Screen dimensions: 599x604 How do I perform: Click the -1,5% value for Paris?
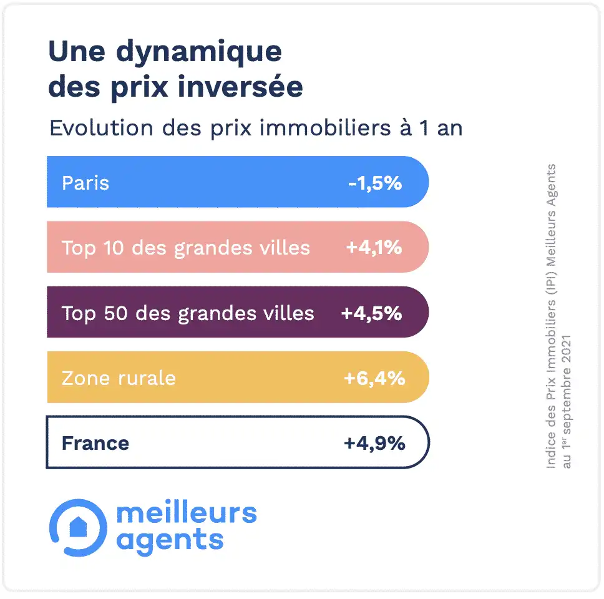[374, 183]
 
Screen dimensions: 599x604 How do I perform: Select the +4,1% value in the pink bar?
[374, 248]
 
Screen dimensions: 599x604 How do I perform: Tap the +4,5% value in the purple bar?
[371, 313]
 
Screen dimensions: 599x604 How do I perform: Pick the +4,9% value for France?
[374, 444]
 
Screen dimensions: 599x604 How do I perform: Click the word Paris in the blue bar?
[85, 183]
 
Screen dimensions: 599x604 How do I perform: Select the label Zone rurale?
[119, 378]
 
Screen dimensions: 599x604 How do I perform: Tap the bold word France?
[95, 444]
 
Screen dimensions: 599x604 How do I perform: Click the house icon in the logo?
[79, 526]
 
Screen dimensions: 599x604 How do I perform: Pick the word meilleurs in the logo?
[187, 513]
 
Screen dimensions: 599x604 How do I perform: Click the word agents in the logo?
[170, 540]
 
